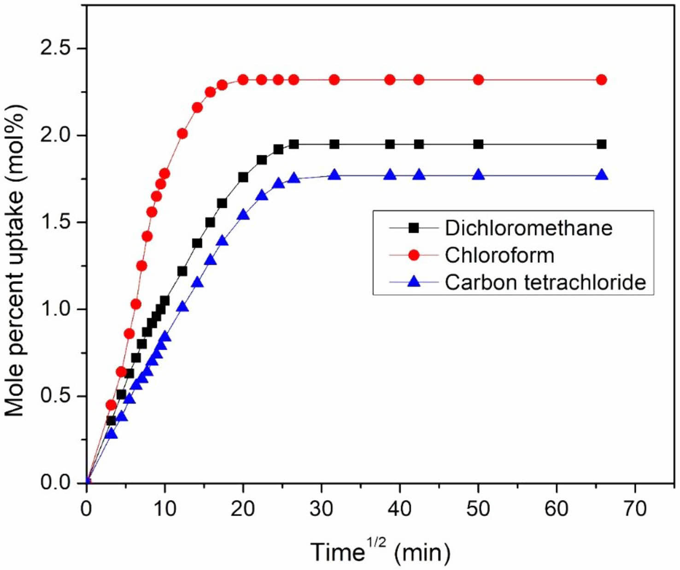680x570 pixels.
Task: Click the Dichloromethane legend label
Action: click(528, 228)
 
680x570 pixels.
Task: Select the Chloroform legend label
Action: click(499, 255)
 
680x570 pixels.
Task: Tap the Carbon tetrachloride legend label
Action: click(545, 282)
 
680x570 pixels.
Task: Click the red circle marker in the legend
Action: click(414, 255)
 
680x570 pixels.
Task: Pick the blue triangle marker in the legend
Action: click(414, 282)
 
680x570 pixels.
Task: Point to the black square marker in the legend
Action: click(414, 228)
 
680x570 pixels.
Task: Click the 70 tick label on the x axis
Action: click(635, 509)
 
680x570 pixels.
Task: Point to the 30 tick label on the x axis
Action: click(322, 509)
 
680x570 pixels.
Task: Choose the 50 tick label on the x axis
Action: click(478, 509)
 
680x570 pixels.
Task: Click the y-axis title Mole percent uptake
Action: click(15, 261)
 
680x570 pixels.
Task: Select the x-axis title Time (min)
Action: click(381, 551)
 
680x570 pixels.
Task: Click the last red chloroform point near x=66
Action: click(601, 80)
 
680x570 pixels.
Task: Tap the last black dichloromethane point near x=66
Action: click(601, 144)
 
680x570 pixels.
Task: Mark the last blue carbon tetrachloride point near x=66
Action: click(601, 175)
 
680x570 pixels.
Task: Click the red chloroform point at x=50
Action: click(478, 80)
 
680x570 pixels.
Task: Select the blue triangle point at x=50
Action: click(478, 175)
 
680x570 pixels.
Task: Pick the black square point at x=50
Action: click(478, 144)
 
